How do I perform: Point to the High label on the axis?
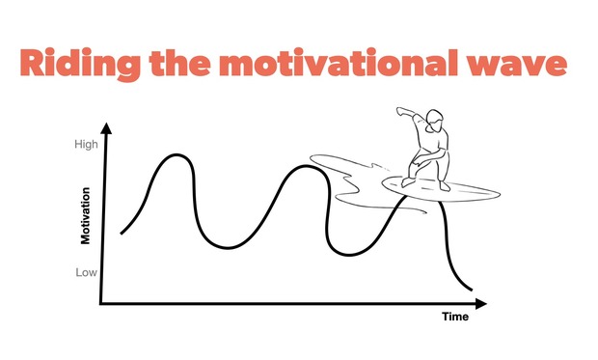click(86, 146)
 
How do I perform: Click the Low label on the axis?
click(87, 272)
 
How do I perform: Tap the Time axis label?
click(454, 318)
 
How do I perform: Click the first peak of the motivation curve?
click(176, 155)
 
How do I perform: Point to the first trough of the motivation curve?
click(228, 248)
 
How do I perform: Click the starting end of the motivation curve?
click(122, 233)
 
